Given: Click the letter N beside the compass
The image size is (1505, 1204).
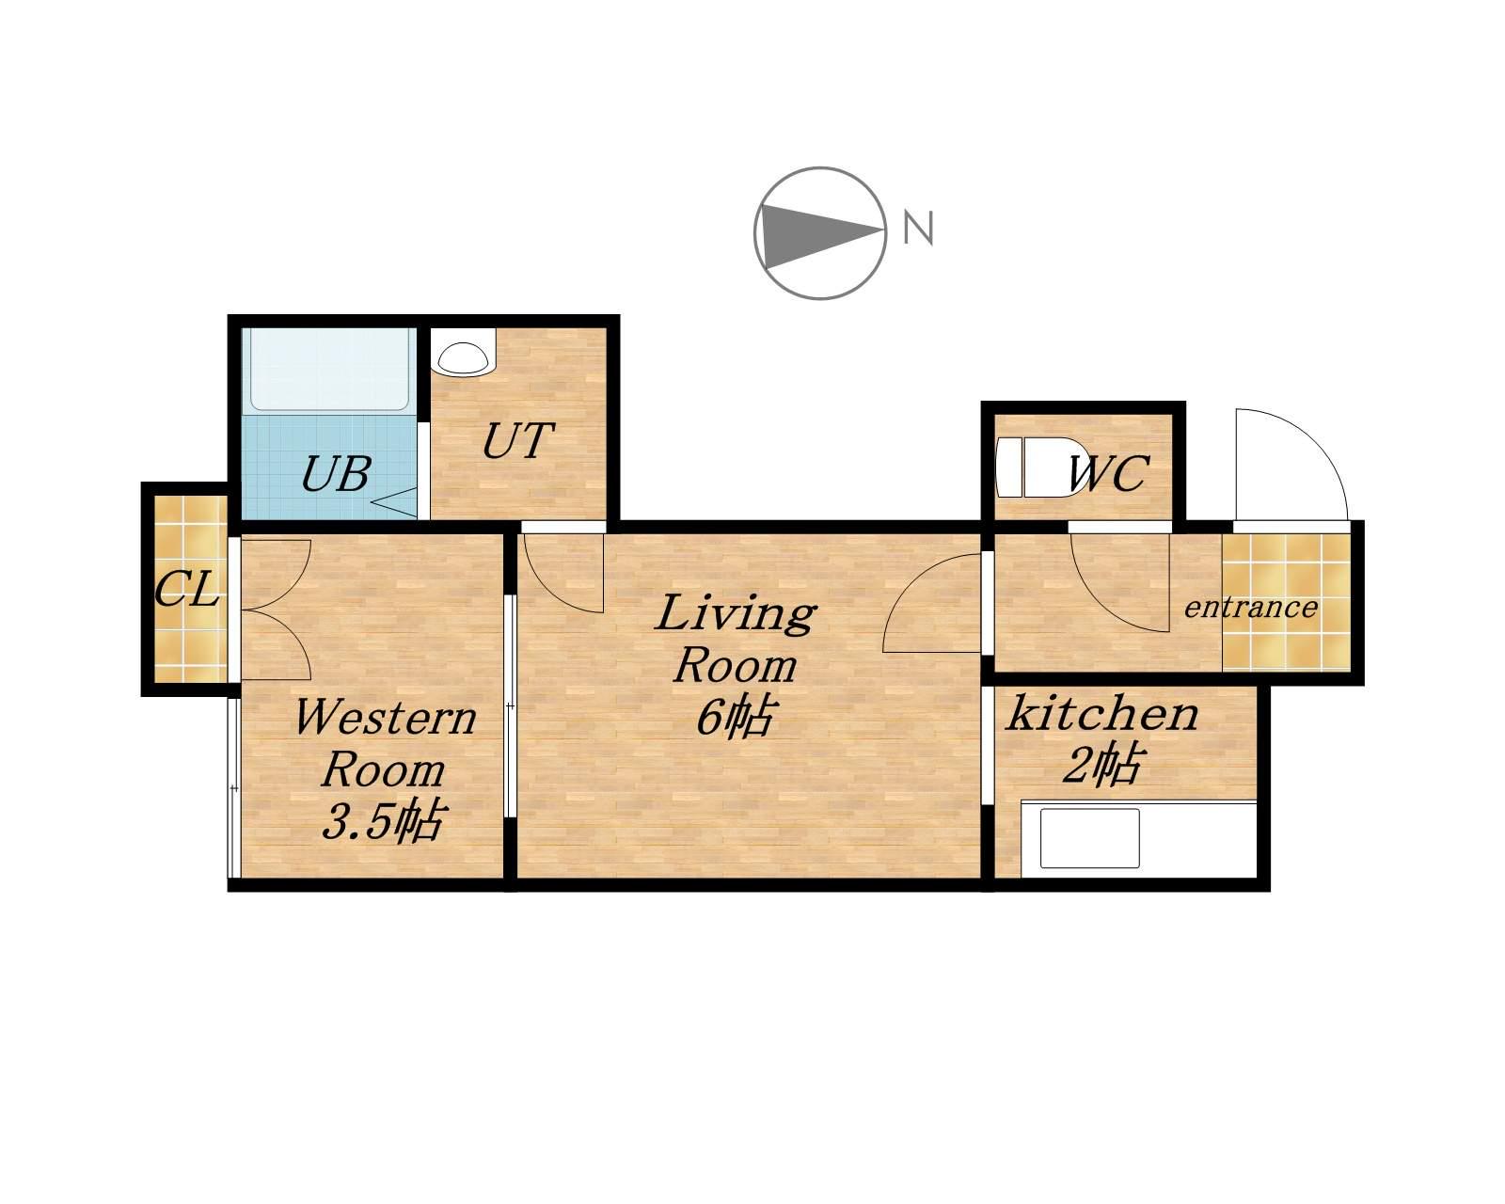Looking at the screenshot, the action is point(918,228).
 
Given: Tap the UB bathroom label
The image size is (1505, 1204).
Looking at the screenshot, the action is point(335,474).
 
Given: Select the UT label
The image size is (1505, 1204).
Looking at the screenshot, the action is point(518,441).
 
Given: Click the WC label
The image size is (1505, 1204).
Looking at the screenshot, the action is point(1108,474).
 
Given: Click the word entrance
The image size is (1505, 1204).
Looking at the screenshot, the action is point(1250,608).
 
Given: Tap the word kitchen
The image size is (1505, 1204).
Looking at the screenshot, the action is point(1102,713).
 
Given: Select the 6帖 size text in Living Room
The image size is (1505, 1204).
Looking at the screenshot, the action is point(736,718).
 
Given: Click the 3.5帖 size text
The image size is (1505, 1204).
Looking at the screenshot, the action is point(382,820).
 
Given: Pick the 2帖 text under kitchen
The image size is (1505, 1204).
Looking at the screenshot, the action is point(1102,765).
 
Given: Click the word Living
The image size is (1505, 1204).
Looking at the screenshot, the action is point(735,613).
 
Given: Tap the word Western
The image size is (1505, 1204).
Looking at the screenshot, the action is point(386,718).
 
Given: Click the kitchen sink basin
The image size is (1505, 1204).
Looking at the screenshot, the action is point(1089,838).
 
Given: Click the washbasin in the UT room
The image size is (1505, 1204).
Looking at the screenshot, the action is point(462,358).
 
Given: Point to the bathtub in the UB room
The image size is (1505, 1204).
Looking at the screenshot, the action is point(328,370).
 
